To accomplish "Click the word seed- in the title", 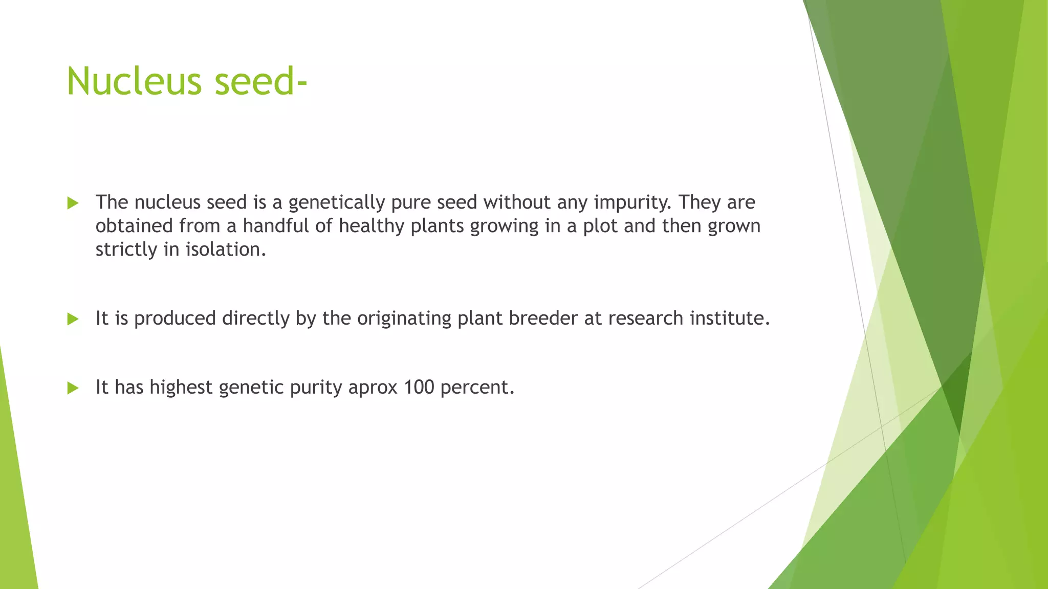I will point(261,82).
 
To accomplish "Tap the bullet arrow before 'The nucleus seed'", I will point(73,203).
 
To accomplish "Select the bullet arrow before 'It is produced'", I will point(73,320).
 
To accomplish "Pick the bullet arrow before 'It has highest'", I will point(73,389).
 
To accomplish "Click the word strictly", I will point(126,250).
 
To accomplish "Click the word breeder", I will point(543,319).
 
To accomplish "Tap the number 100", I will point(419,388).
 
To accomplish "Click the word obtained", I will point(134,226).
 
